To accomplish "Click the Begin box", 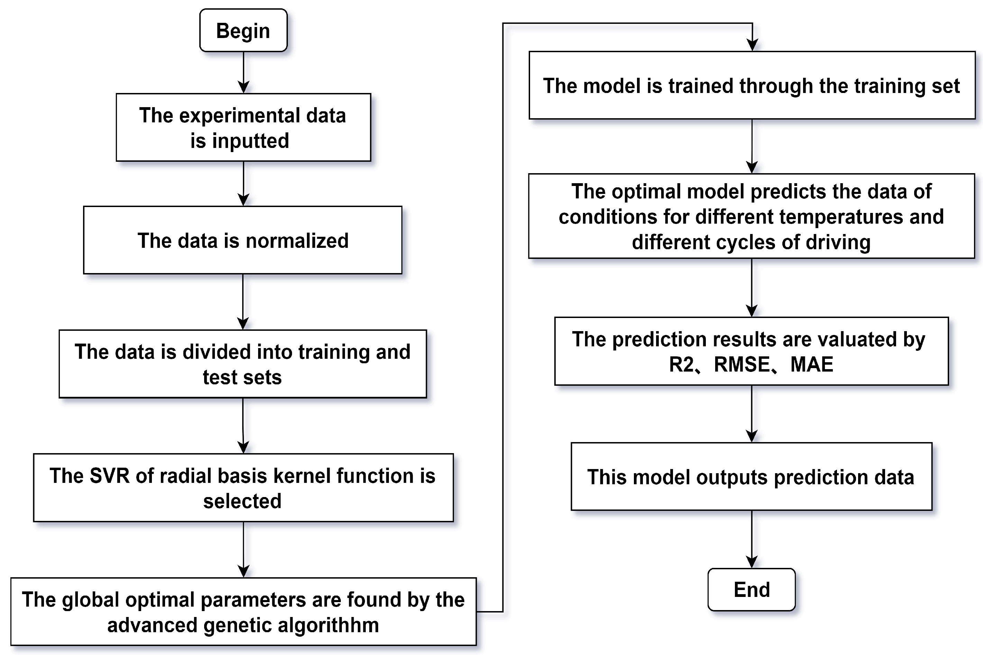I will point(243,30).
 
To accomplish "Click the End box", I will point(752,589).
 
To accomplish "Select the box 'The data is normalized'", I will point(243,240).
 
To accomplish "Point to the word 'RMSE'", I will point(742,364).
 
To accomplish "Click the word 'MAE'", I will point(812,364).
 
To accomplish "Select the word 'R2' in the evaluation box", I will point(681,364).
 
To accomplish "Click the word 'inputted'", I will point(251,141).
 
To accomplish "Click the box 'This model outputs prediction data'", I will point(752,477).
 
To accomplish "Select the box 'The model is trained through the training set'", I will point(752,86).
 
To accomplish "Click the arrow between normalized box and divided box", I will point(243,301).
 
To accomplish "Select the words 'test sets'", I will point(242,377).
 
